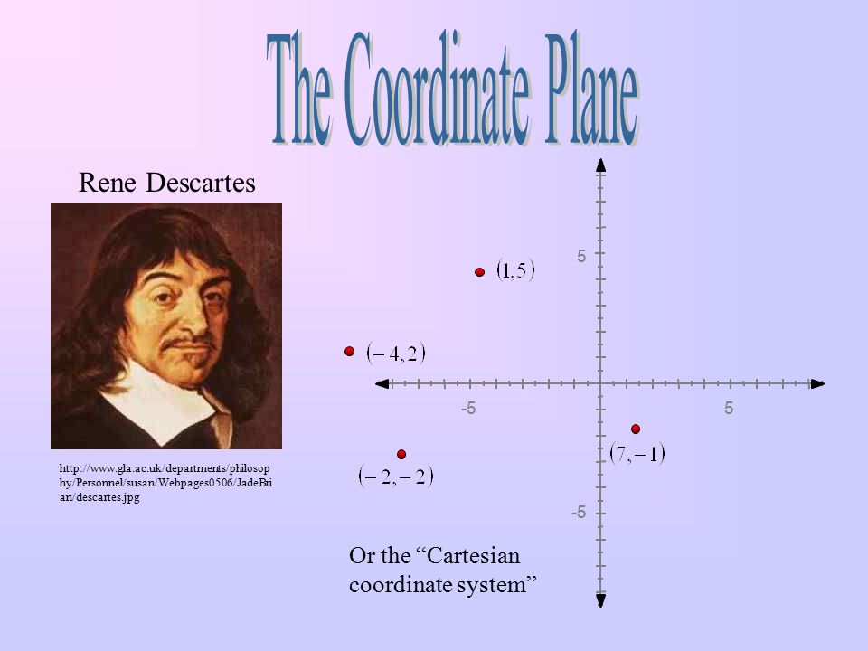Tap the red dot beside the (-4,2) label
point(348,353)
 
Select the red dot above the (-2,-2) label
point(401,453)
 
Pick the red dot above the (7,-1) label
point(636,428)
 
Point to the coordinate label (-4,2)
point(395,354)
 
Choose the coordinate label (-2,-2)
point(396,475)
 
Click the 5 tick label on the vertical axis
point(581,257)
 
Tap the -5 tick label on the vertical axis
point(579,513)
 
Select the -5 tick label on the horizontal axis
point(468,410)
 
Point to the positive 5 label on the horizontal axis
point(729,410)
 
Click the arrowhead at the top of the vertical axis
point(600,165)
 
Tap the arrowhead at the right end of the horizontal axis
point(817,383)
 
